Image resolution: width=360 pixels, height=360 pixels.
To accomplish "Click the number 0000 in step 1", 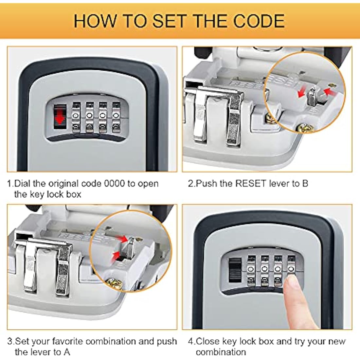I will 114,183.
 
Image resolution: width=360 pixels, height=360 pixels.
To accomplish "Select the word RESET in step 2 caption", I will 251,183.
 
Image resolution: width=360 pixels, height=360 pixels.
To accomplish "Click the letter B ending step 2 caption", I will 305,183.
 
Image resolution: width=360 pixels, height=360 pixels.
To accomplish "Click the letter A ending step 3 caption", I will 66,352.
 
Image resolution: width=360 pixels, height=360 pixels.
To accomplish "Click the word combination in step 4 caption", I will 221,352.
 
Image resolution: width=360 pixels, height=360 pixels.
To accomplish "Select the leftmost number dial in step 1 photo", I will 76,116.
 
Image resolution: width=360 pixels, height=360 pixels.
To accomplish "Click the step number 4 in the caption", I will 190,341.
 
